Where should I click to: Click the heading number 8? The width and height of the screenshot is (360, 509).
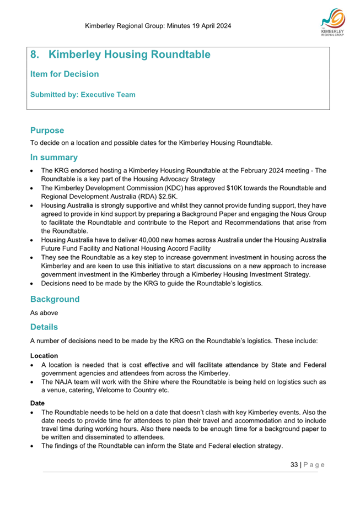[x=35, y=55]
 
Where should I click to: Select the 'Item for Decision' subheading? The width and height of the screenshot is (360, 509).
[x=65, y=74]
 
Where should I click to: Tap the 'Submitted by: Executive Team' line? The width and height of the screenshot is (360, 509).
[x=83, y=95]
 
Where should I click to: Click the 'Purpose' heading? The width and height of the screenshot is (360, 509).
[x=47, y=131]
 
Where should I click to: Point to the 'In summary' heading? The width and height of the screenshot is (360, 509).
[x=53, y=157]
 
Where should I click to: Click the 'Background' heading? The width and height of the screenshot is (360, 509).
[x=55, y=299]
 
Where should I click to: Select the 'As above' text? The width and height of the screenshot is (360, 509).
[x=45, y=313]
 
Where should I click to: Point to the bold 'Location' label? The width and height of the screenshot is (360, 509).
[x=44, y=356]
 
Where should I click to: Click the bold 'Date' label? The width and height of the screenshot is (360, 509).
[x=37, y=403]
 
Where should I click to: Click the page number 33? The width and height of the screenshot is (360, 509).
[x=294, y=464]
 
